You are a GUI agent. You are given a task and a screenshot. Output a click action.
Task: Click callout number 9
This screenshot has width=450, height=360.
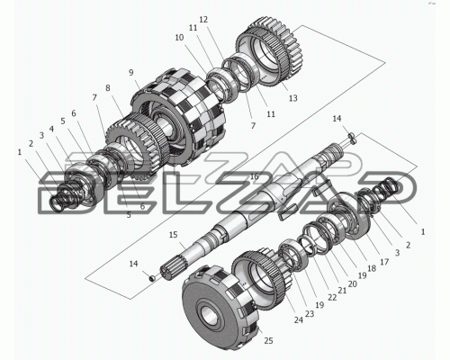(x=130, y=73)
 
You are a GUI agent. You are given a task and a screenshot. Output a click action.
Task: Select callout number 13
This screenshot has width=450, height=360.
(x=293, y=98)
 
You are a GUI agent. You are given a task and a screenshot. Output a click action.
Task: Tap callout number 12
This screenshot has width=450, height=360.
(x=203, y=20)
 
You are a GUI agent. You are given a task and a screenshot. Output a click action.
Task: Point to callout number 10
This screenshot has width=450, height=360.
(x=179, y=38)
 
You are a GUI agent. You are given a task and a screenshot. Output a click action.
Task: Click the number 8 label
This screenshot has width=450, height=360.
(x=108, y=88)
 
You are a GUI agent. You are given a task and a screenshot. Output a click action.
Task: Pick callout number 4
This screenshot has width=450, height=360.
(x=51, y=130)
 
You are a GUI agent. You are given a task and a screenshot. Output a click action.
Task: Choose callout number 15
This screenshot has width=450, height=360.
(x=174, y=235)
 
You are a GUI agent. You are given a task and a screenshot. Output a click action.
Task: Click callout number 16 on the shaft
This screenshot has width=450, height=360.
(x=255, y=176)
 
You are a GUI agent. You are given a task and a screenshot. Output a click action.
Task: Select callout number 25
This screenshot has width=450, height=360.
(x=268, y=341)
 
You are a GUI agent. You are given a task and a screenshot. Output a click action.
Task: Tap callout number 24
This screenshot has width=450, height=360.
(x=298, y=320)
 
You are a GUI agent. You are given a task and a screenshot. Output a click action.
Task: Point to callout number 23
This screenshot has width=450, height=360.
(x=310, y=314)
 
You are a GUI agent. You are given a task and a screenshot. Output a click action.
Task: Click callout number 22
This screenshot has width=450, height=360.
(x=332, y=297)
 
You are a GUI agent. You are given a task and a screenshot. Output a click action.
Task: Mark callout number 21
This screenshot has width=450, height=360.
(x=342, y=291)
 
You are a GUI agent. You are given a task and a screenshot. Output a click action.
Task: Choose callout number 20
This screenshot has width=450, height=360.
(x=353, y=283)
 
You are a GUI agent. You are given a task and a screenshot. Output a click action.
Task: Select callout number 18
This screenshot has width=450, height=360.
(x=372, y=268)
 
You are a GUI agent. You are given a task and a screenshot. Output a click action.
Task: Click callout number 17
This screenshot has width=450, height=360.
(x=384, y=262)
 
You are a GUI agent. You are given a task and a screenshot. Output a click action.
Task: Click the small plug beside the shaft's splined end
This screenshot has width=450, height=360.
(x=152, y=279)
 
